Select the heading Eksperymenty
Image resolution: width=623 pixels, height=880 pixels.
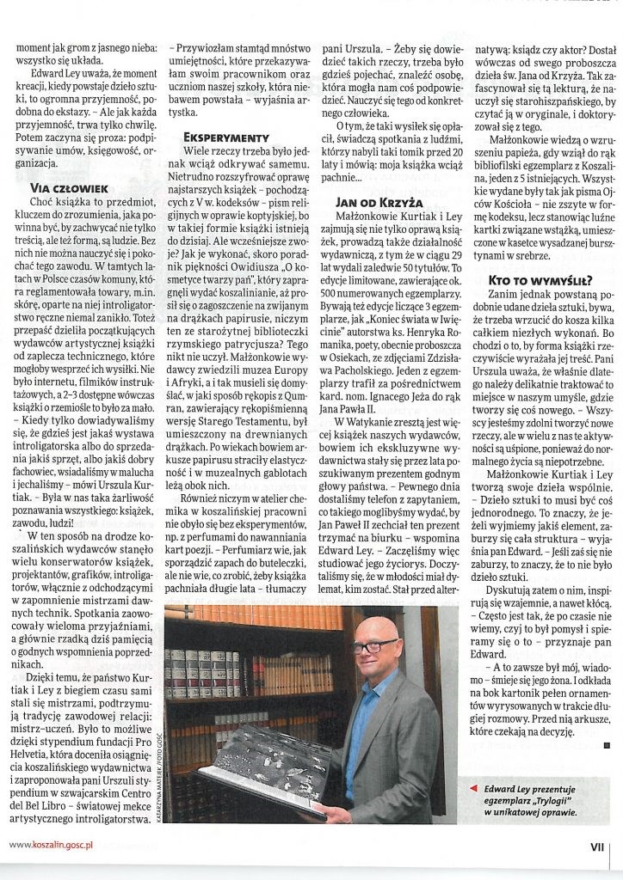224,137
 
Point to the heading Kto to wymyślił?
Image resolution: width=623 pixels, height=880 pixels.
530,280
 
